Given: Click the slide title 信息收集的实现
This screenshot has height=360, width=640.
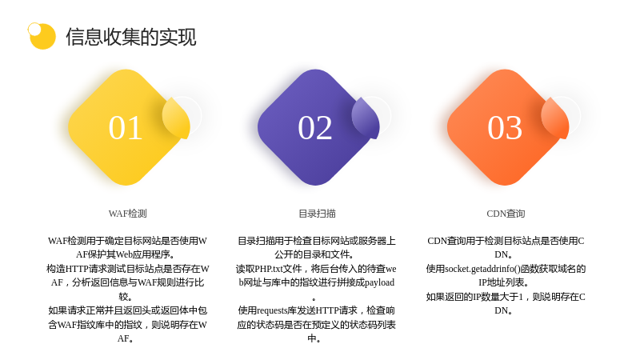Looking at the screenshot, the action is coord(131,37).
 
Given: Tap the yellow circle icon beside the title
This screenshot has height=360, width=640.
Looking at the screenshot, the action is coord(42,36).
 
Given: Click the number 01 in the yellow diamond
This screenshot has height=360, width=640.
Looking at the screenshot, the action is coord(126,128).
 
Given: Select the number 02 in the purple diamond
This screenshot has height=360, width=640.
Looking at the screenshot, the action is coord(314,128).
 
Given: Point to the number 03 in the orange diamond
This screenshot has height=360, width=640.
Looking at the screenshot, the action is coord(505,128).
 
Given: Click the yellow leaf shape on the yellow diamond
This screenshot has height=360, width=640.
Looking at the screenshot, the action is coord(176,118).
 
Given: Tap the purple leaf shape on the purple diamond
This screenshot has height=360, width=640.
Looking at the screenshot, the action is coord(366,118).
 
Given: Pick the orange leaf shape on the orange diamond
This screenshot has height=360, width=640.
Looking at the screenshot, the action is coord(555,118).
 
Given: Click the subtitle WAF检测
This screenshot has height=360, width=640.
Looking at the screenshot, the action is coord(127,214).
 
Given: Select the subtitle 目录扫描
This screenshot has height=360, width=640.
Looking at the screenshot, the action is coord(317,214).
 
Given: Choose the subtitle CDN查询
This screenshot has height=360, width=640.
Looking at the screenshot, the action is coord(506,214).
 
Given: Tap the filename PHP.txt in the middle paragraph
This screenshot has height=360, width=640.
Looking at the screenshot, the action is coord(269,269).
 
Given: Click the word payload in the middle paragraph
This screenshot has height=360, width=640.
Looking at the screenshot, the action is coord(379,283).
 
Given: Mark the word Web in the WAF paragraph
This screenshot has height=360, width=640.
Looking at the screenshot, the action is coord(124,254).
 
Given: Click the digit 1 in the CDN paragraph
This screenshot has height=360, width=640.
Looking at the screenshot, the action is coord(521,297).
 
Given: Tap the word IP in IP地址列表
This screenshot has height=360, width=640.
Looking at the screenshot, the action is coord(483,283).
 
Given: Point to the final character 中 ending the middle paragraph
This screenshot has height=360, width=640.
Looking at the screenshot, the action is coord(312,338).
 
